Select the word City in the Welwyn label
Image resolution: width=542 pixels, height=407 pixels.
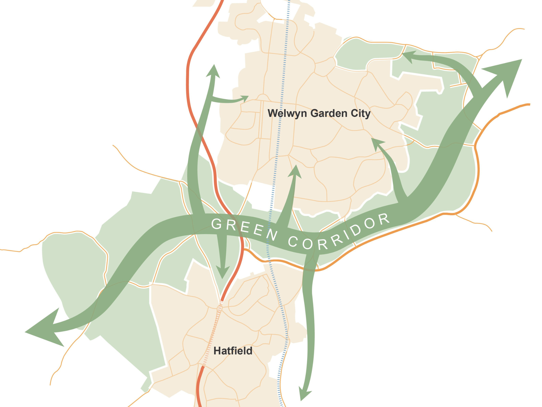tap(361, 113)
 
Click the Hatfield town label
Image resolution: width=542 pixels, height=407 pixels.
tap(233, 351)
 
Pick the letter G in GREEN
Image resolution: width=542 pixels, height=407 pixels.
tap(216, 224)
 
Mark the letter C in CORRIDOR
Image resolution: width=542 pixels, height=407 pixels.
tap(293, 242)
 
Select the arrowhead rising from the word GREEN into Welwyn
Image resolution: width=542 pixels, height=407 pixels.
tap(295, 172)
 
